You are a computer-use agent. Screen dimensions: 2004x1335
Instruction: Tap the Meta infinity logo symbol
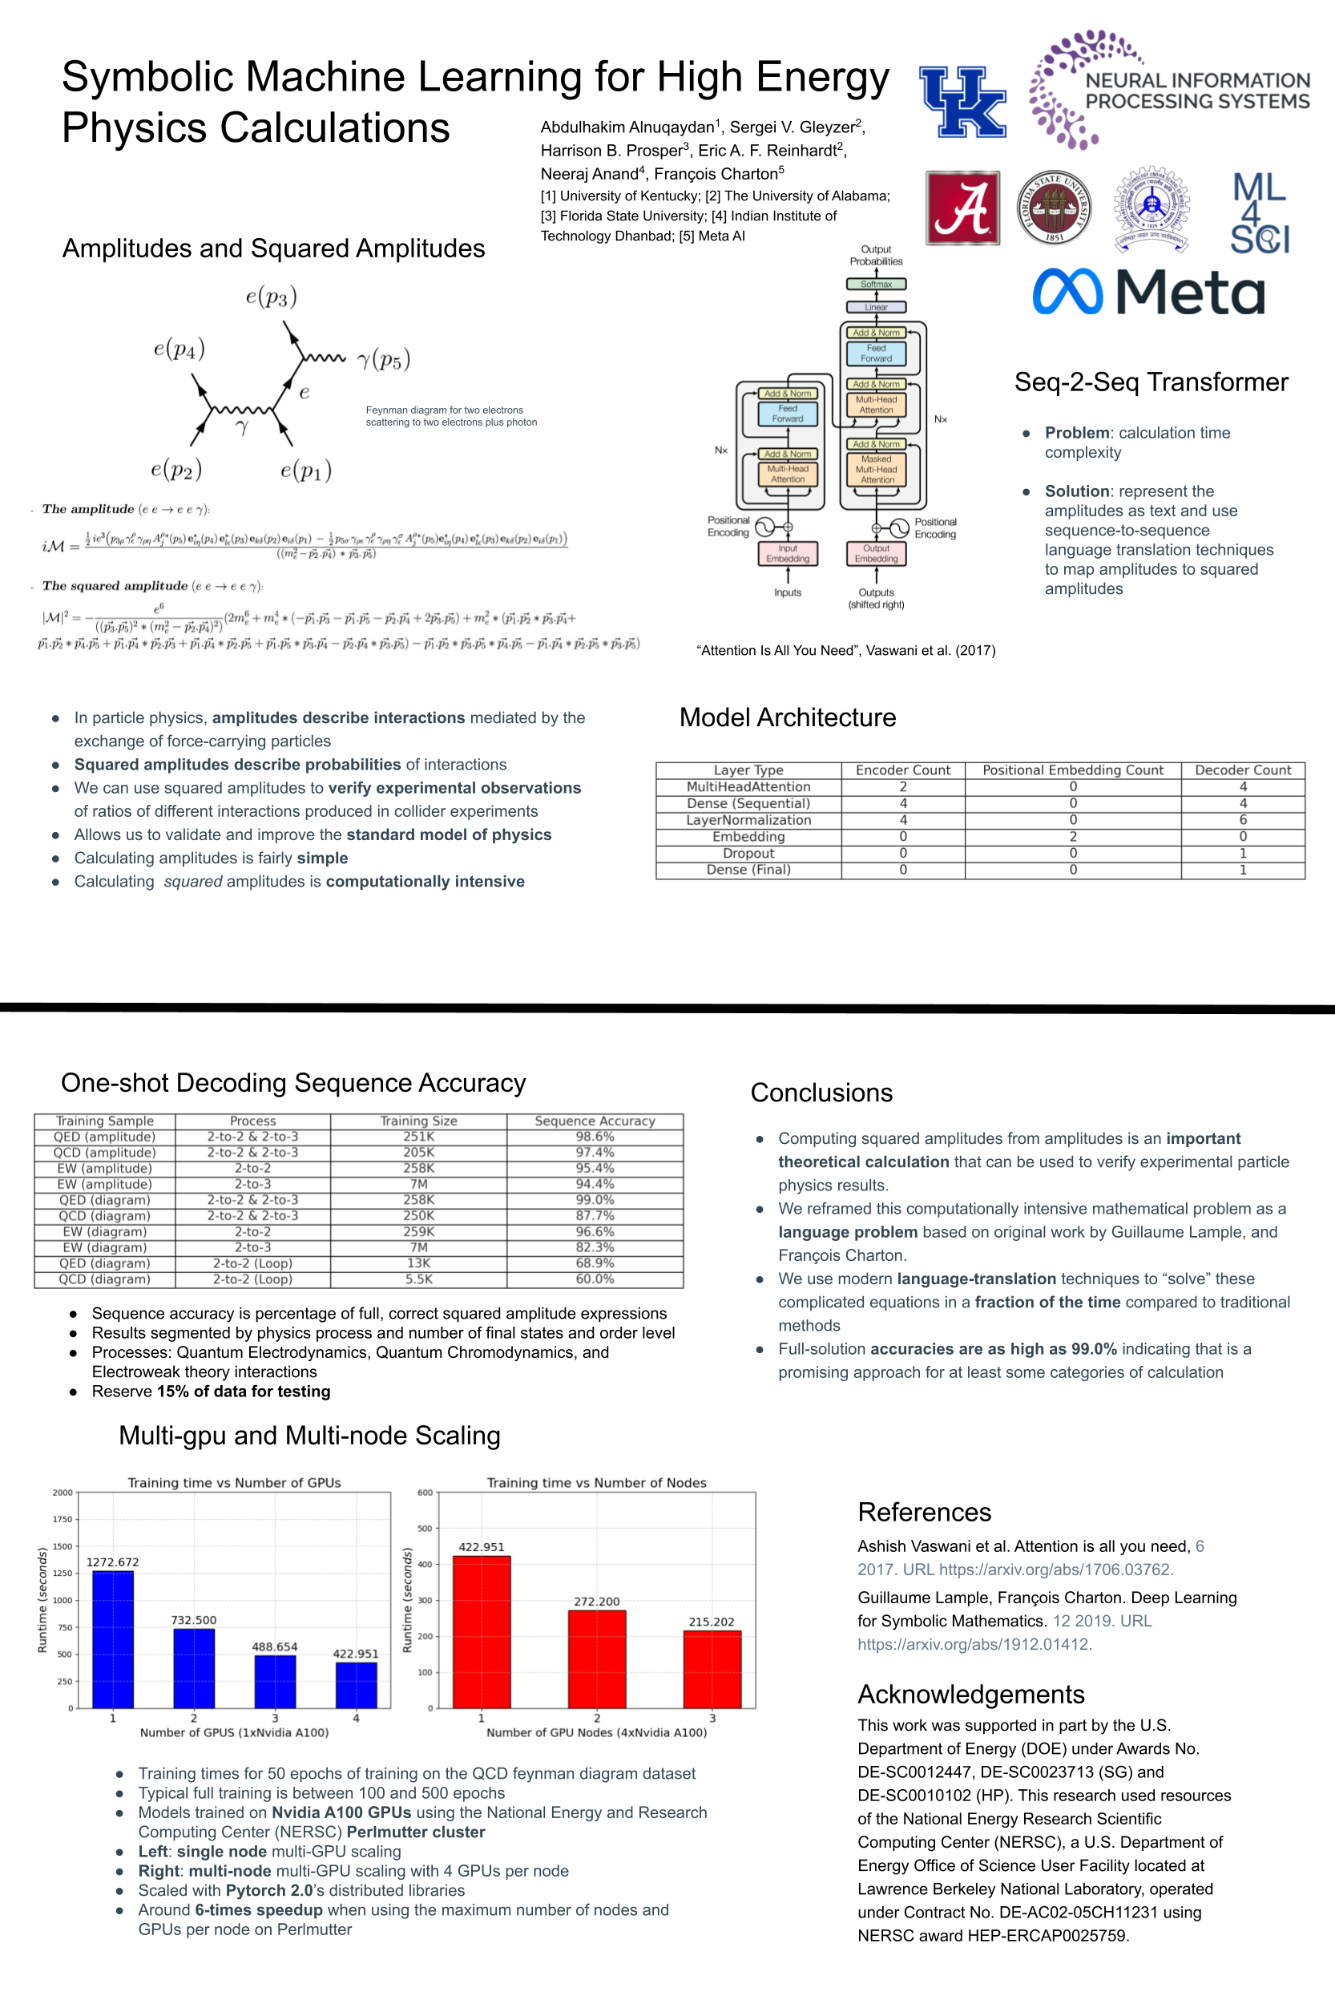click(x=1067, y=291)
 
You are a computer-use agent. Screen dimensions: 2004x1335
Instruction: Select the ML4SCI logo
click(x=1260, y=213)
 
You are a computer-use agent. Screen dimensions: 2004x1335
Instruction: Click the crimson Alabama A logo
click(x=963, y=208)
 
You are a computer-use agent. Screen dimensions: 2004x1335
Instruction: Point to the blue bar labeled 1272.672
click(x=112, y=1638)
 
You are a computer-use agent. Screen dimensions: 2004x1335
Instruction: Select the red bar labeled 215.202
click(x=712, y=1668)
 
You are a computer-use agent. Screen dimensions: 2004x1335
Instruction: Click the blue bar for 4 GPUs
click(x=356, y=1685)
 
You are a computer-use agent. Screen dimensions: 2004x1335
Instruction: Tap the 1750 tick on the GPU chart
click(x=63, y=1519)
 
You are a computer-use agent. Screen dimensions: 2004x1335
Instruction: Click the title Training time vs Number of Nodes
click(x=596, y=1483)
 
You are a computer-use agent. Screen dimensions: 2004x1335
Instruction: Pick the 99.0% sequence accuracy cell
click(x=595, y=1200)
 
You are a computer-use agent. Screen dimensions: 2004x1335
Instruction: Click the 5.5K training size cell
click(x=418, y=1279)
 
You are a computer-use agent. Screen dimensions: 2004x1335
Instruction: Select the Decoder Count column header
click(x=1242, y=770)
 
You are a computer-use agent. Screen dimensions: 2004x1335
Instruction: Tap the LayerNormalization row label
click(x=748, y=820)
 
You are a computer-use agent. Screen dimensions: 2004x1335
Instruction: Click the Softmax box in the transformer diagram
click(x=875, y=285)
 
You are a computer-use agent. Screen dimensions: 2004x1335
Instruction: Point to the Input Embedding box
click(x=788, y=554)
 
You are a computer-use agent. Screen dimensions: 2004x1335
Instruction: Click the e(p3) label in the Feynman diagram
click(x=271, y=297)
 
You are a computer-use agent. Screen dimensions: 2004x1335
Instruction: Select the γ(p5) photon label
click(x=384, y=359)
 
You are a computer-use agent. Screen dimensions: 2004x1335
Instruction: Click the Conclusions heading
click(x=821, y=1093)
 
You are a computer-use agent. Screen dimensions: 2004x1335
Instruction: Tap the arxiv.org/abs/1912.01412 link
click(x=974, y=1644)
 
